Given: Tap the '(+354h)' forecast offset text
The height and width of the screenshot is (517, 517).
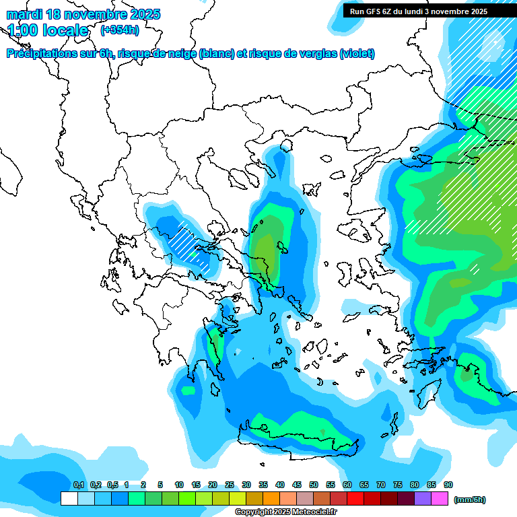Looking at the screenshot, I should coord(120,30).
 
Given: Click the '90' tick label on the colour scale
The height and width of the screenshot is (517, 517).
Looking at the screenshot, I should coord(448,485).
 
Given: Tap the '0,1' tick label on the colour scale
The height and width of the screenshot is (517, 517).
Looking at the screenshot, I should coord(78,485).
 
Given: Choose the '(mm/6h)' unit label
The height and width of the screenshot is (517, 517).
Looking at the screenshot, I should coord(469,499).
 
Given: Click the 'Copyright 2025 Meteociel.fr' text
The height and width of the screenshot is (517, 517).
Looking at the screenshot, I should coord(285,512).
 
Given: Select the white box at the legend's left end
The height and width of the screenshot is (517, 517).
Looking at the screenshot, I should coord(69,499).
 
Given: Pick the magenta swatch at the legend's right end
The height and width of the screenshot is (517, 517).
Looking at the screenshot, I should coord(440,499).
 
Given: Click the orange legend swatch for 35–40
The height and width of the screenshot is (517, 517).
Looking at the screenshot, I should coord(271,499).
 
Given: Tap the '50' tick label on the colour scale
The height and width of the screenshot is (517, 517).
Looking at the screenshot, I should coord(314,485).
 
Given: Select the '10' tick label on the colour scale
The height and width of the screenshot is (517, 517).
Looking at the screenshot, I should coord(179,485).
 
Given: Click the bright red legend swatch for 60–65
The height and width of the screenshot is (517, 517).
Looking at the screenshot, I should coord(355,499).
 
